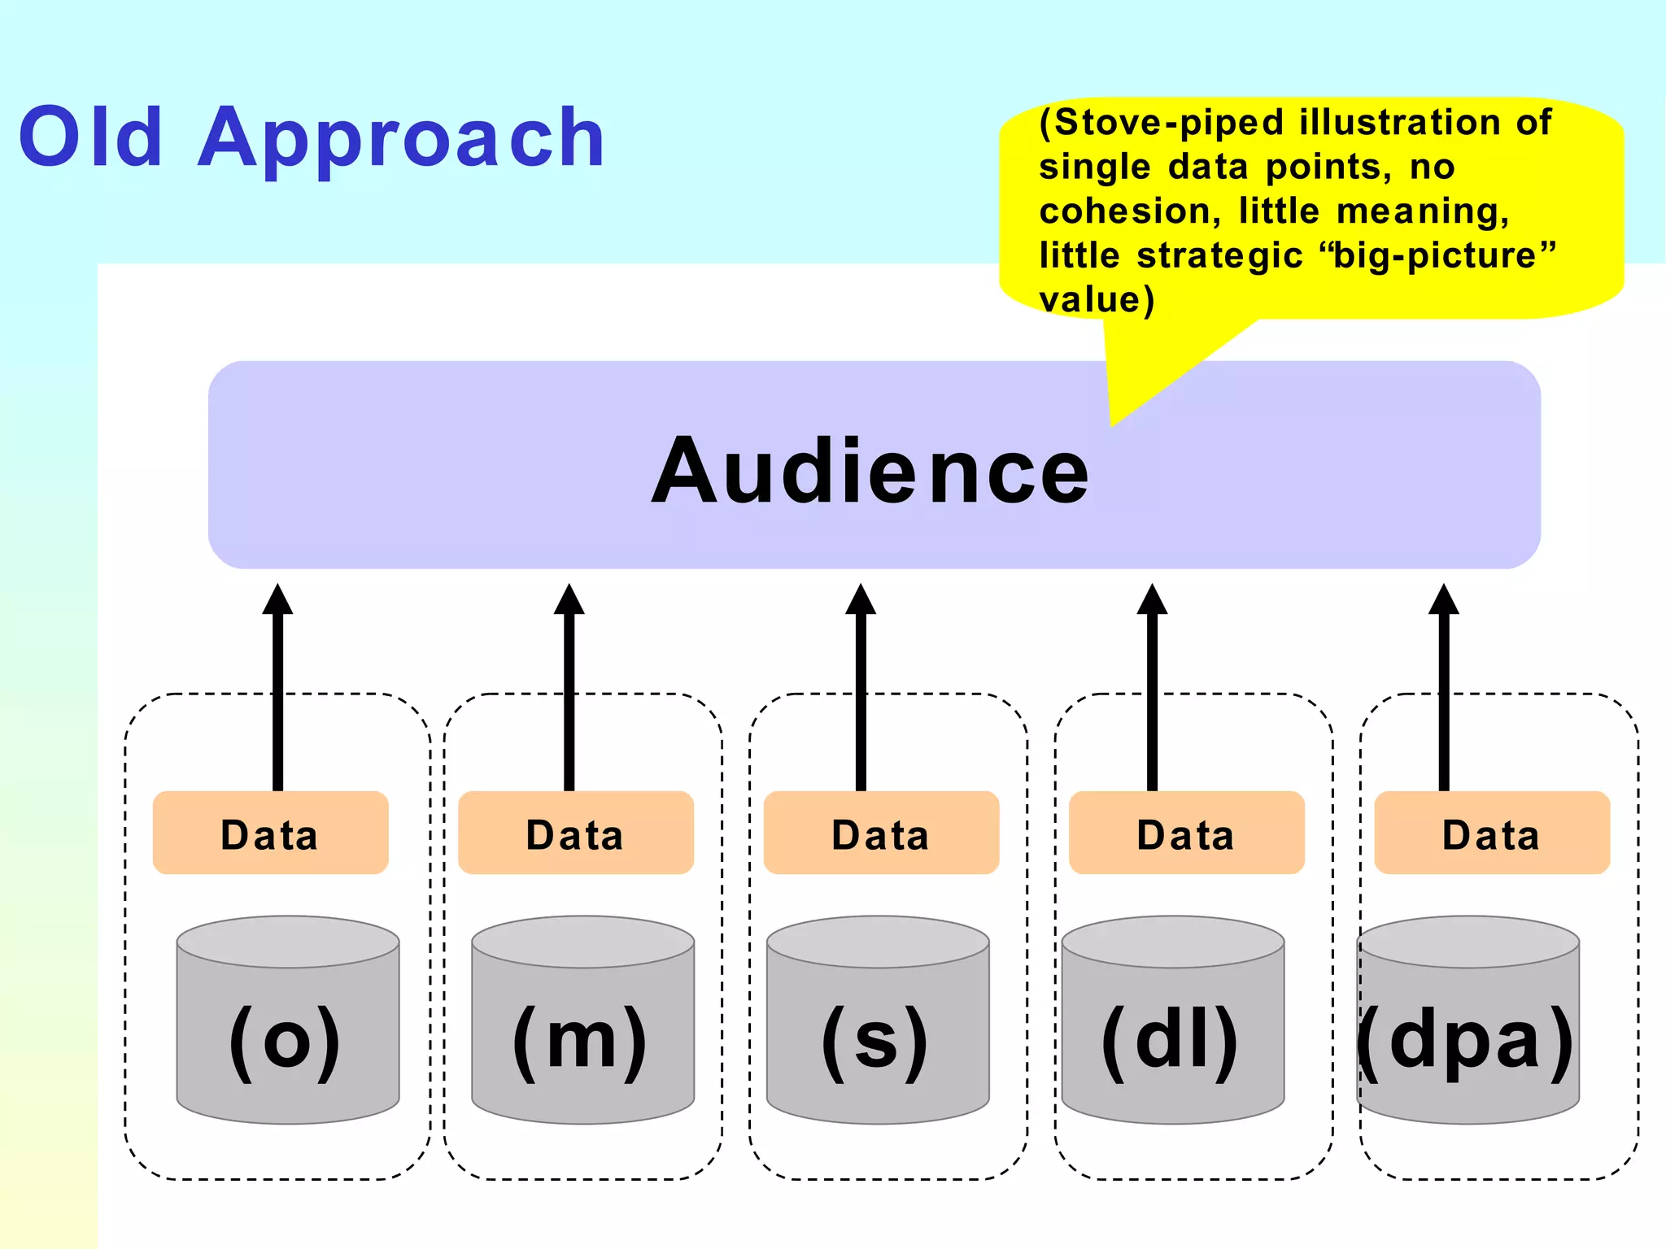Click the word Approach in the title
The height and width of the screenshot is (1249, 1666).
pyautogui.click(x=401, y=140)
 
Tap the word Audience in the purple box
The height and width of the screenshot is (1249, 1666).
pyautogui.click(x=870, y=471)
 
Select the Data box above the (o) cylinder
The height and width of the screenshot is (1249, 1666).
pyautogui.click(x=270, y=833)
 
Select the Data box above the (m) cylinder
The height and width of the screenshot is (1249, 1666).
pyautogui.click(x=575, y=833)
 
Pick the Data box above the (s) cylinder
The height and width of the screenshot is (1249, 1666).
pyautogui.click(x=881, y=833)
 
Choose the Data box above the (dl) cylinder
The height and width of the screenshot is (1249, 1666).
pyautogui.click(x=1186, y=833)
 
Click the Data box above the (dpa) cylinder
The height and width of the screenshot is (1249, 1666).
pyautogui.click(x=1492, y=833)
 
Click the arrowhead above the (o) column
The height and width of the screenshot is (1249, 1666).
pyautogui.click(x=277, y=600)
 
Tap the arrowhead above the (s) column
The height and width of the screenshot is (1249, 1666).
pyautogui.click(x=861, y=600)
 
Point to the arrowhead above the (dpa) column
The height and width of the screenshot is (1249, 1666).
pyautogui.click(x=1444, y=600)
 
